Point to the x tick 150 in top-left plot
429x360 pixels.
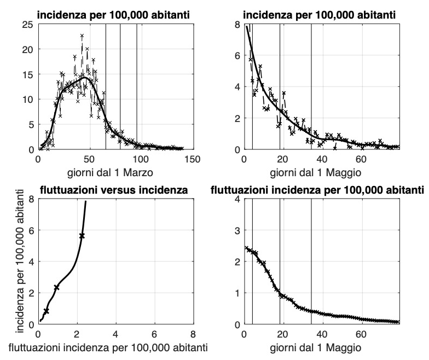192,159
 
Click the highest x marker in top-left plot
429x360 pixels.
82,36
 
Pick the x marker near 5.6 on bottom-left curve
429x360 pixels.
82,236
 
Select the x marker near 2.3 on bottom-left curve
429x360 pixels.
56,287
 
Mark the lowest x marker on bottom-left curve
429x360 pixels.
46,311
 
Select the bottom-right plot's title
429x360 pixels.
317,190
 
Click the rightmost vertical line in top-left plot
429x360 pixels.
136,88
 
